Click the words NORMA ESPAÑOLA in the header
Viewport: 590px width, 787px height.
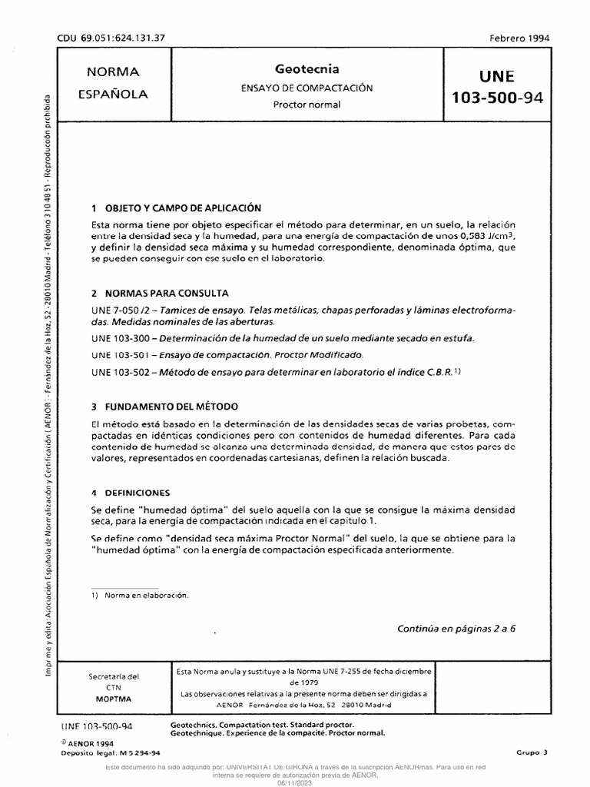click(x=113, y=83)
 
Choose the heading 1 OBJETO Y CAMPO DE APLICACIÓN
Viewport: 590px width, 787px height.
click(x=176, y=208)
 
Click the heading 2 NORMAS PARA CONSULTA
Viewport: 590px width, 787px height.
click(x=160, y=294)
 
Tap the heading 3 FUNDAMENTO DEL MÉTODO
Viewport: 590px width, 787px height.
click(x=164, y=406)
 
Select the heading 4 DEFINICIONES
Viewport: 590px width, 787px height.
click(x=131, y=492)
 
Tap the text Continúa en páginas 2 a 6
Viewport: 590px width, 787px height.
click(x=456, y=627)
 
